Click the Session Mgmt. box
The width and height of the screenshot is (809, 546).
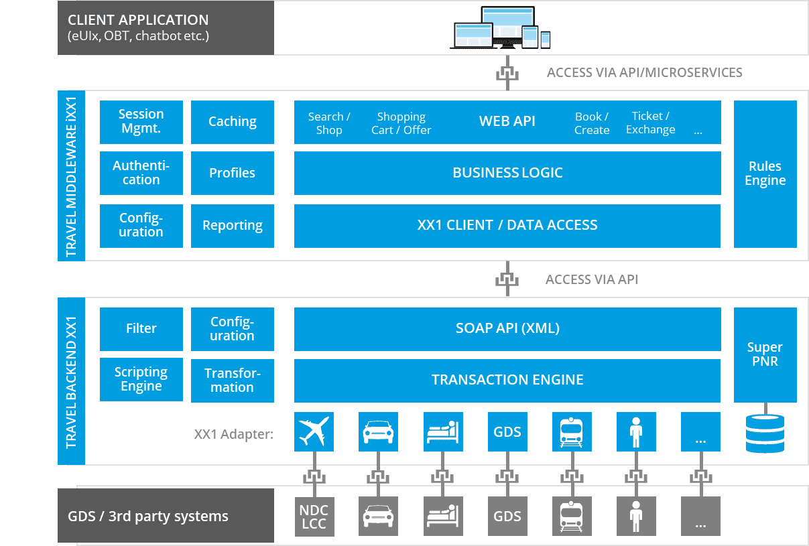141,122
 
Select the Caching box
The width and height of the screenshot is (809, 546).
232,122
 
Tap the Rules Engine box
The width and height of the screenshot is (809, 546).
765,174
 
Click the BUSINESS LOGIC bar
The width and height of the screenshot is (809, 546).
507,173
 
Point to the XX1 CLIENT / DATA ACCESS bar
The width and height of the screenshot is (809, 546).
507,226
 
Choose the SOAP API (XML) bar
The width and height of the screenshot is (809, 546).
507,328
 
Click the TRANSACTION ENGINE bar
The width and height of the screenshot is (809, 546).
507,380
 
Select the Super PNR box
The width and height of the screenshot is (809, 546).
765,354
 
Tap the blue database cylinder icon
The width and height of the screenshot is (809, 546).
765,433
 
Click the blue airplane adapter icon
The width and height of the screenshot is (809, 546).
314,432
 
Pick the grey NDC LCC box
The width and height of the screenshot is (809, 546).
314,517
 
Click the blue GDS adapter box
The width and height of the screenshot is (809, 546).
507,432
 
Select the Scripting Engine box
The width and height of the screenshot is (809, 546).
141,379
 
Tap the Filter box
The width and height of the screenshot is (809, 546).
141,328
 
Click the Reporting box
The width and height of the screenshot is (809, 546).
232,226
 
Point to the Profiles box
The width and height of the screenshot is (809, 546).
232,173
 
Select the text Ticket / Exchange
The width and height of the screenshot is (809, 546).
650,123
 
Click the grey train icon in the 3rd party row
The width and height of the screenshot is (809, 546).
572,517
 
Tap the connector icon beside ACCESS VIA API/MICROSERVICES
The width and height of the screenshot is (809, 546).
507,72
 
